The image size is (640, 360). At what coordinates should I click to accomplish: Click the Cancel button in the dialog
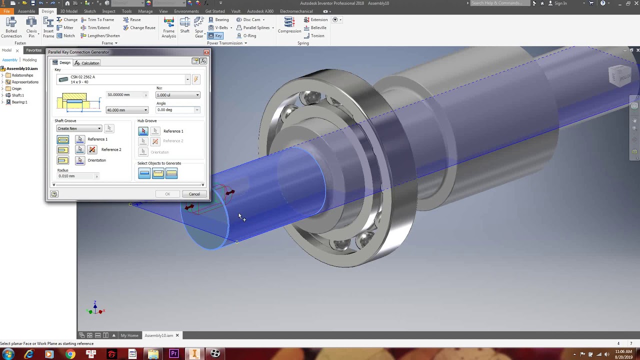(194, 194)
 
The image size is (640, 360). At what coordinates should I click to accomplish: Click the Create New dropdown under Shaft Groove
(79, 128)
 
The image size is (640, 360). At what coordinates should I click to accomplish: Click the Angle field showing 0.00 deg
(177, 110)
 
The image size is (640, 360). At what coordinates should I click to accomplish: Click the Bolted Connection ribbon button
(11, 27)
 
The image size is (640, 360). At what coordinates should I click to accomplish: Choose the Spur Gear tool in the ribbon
(199, 27)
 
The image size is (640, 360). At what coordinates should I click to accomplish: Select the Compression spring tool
(289, 25)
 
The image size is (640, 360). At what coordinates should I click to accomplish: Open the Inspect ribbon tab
(108, 11)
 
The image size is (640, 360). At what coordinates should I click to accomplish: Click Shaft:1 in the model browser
(17, 95)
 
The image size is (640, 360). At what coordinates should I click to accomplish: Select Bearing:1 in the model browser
(19, 102)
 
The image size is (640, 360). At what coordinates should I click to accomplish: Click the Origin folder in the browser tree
(16, 88)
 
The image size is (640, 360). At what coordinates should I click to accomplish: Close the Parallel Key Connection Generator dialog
(206, 52)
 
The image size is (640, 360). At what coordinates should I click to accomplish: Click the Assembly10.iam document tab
(158, 335)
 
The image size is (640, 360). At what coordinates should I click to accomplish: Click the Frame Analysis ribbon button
(168, 27)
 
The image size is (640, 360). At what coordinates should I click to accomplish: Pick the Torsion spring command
(317, 36)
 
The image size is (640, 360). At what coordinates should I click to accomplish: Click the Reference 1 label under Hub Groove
(173, 131)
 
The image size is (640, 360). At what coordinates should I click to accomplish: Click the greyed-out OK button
(167, 194)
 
